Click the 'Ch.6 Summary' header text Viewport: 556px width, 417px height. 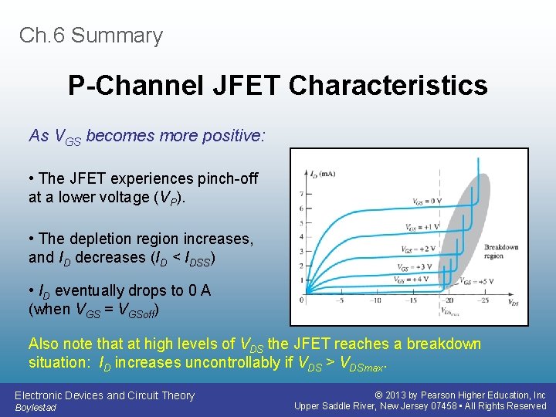[x=91, y=36]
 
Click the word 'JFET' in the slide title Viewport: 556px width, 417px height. [x=245, y=85]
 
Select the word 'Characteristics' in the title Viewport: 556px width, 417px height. [x=388, y=85]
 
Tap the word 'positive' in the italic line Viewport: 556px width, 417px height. [x=232, y=137]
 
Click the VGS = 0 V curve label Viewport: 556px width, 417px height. [x=426, y=202]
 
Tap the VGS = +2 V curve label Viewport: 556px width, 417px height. [x=418, y=249]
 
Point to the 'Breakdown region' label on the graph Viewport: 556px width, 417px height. [x=501, y=252]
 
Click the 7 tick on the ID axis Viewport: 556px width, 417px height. [x=300, y=193]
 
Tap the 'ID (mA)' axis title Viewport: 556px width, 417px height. [x=322, y=174]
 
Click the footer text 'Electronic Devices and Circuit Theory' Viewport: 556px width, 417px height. [x=104, y=395]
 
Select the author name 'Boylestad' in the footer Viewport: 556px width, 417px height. [x=36, y=407]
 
